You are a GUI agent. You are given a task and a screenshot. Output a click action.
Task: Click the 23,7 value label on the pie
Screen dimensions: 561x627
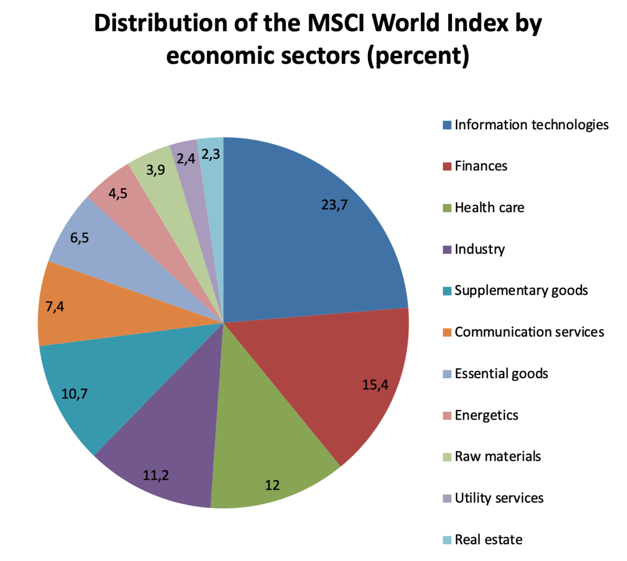click(x=334, y=205)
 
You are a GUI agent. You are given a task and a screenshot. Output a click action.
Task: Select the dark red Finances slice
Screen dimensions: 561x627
click(x=332, y=374)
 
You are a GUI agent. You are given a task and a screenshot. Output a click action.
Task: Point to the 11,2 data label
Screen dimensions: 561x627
click(x=156, y=475)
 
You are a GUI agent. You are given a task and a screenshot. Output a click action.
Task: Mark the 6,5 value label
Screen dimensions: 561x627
click(x=79, y=238)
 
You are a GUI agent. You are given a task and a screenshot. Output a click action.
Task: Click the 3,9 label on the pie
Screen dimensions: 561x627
click(x=155, y=169)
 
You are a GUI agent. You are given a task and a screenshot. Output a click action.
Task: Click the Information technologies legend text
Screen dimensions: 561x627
click(x=531, y=125)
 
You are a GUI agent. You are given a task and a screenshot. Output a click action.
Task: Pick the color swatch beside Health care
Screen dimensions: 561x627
click(x=447, y=208)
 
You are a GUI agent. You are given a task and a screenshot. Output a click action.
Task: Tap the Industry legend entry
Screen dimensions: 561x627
click(x=479, y=249)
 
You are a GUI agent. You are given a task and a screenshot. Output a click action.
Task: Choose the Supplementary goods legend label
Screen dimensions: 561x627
click(x=521, y=290)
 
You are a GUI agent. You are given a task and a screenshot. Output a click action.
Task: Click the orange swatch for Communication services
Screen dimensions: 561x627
click(x=447, y=332)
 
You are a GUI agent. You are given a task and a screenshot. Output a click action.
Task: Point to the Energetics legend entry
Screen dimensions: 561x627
click(x=486, y=415)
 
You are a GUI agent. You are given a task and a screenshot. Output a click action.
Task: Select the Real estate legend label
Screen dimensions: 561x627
click(x=488, y=540)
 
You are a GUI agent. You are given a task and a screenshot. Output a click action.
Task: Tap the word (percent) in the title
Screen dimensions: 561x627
click(x=418, y=55)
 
